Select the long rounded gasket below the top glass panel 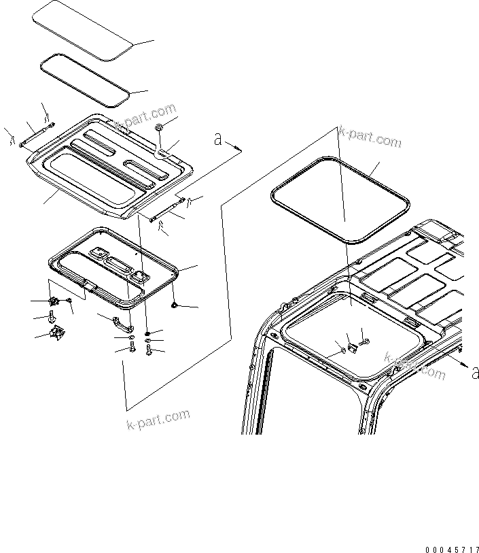[x=85, y=81]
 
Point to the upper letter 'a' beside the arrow [x=217, y=139]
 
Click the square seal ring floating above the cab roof [x=340, y=200]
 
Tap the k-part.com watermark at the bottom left [x=158, y=420]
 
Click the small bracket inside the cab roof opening [x=353, y=348]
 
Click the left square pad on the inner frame [x=99, y=252]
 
